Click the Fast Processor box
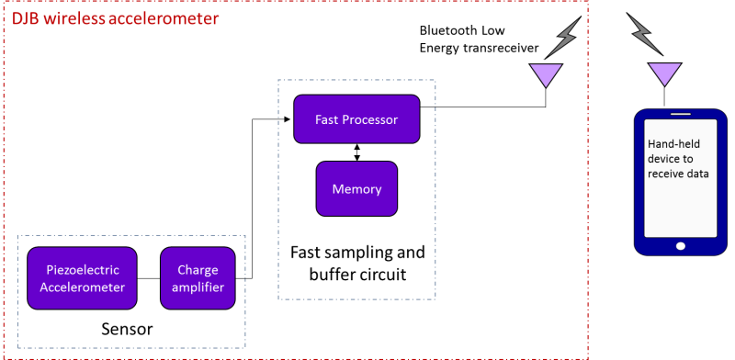[x=356, y=119]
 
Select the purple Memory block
[x=356, y=188]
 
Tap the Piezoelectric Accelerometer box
[x=82, y=278]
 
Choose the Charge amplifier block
[x=198, y=278]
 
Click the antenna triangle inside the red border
[x=547, y=74]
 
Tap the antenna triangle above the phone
[x=664, y=73]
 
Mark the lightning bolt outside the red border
[x=644, y=34]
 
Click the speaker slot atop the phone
[x=679, y=115]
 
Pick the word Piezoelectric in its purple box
[x=82, y=269]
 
